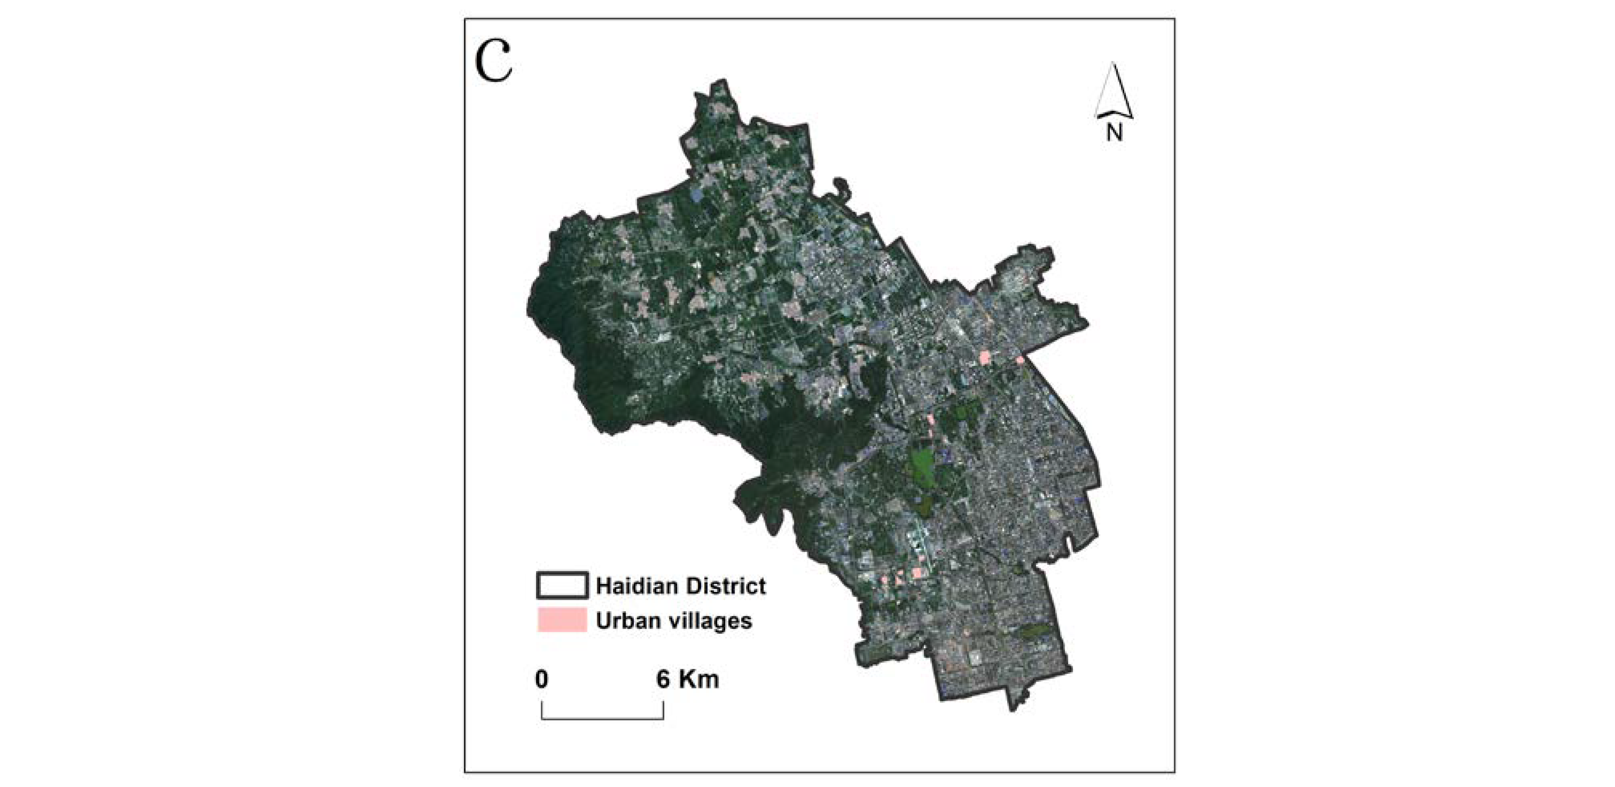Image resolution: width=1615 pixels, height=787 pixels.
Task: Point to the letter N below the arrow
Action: [x=1114, y=132]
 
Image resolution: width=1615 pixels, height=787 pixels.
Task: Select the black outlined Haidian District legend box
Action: [x=562, y=585]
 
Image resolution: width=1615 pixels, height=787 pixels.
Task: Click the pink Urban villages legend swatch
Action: [x=562, y=620]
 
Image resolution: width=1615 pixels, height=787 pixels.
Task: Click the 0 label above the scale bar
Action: [x=542, y=679]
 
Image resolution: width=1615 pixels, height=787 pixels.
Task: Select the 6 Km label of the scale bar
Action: [x=688, y=679]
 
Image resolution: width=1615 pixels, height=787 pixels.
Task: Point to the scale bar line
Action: [x=602, y=718]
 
